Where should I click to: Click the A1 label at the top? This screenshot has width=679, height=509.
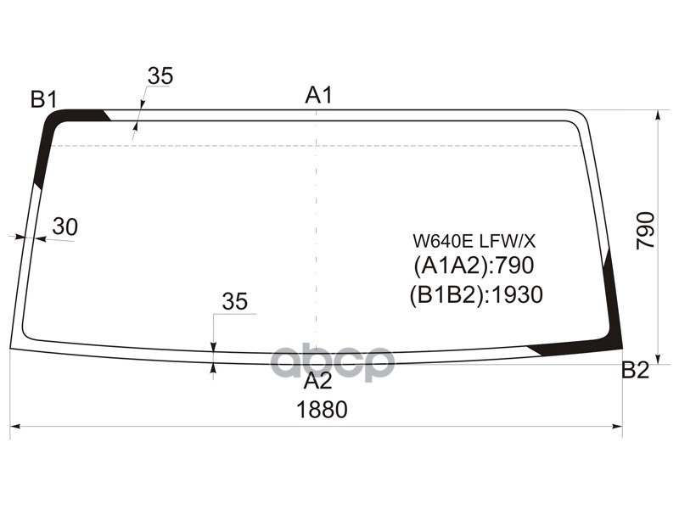click(x=319, y=95)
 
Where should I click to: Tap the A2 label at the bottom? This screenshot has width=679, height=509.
click(x=317, y=381)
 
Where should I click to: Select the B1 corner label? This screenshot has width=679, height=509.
click(x=44, y=99)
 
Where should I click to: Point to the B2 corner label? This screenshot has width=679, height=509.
click(x=635, y=370)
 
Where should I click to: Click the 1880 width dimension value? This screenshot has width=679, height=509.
click(x=322, y=410)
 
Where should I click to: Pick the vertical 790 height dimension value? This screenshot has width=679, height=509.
click(x=645, y=230)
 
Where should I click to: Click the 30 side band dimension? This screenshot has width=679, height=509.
click(x=65, y=227)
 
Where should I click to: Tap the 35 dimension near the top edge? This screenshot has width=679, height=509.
click(x=160, y=76)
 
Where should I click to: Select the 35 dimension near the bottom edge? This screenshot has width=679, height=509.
click(x=235, y=301)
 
